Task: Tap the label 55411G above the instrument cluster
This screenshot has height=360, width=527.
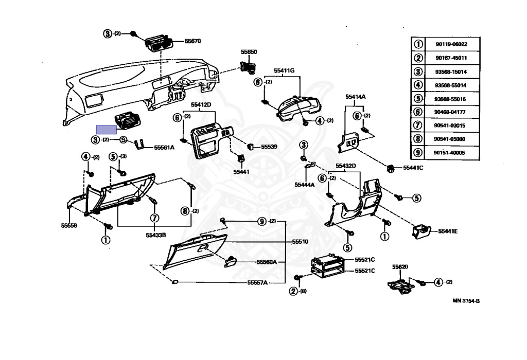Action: coord(284,70)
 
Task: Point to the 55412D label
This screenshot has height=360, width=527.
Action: coord(201,104)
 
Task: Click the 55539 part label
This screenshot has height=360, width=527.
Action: coord(269,147)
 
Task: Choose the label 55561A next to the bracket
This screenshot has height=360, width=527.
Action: coord(164,148)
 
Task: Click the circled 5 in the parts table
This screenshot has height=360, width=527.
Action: coord(418,99)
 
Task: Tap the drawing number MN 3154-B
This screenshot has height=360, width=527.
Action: coord(466,301)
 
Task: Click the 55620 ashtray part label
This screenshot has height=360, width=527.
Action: coord(400,267)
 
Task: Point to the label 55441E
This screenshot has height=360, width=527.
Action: coord(448,231)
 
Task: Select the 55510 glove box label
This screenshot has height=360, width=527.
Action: coord(300,241)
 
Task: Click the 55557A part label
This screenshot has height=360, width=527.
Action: coord(257,282)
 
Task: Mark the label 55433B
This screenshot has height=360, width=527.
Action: coord(155,235)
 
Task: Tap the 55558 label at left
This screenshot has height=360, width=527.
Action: coord(69,225)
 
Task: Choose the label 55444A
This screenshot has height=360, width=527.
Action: coord(305,184)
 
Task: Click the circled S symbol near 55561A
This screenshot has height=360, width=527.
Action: coord(123,140)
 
